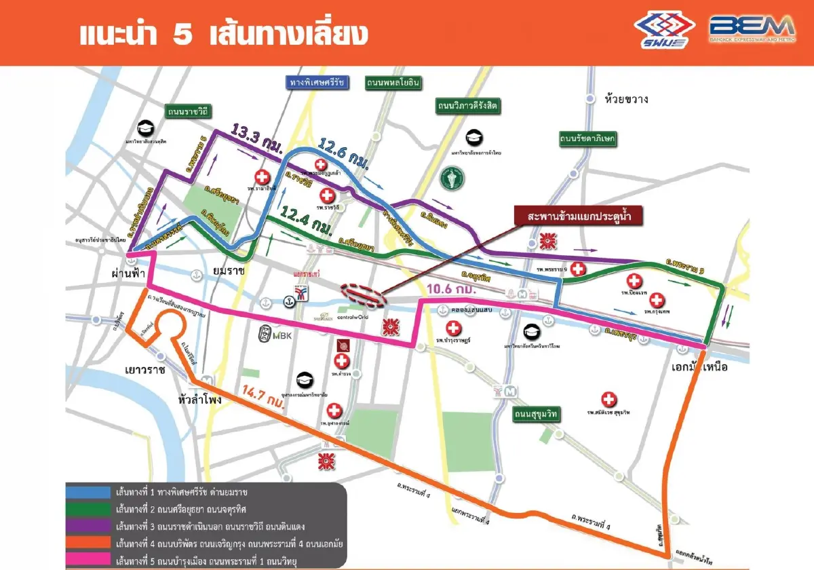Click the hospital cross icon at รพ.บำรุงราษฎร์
tap(448, 328)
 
